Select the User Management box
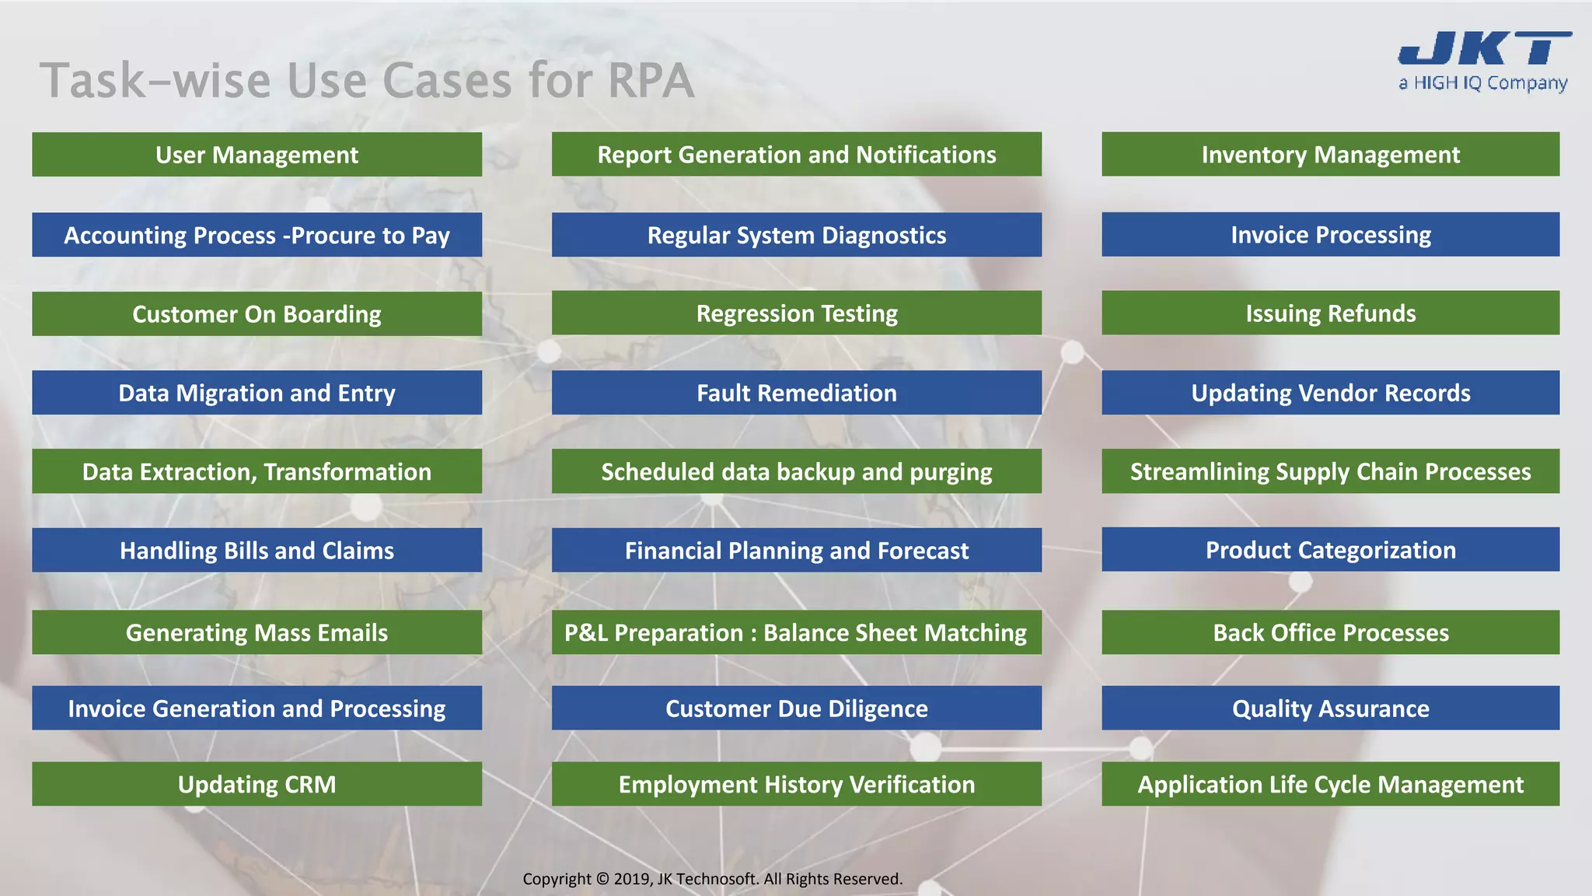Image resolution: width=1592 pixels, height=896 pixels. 257,155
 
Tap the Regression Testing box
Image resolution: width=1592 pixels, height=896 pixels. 796,313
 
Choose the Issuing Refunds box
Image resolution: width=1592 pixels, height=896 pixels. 1330,313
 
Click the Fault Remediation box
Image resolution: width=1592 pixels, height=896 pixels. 796,393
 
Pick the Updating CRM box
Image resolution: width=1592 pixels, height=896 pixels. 257,784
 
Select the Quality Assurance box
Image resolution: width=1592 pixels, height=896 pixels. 1330,709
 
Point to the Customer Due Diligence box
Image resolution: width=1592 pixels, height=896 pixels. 796,709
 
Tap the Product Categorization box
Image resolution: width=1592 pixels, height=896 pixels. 1330,550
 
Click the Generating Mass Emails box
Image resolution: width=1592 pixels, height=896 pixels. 257,632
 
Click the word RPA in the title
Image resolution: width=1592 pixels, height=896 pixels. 650,81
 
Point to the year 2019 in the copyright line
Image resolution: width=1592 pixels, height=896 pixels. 632,879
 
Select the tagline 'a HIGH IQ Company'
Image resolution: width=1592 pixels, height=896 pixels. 1482,83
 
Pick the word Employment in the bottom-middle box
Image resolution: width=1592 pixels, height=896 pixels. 687,784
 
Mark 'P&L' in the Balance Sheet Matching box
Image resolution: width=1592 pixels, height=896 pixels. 585,632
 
